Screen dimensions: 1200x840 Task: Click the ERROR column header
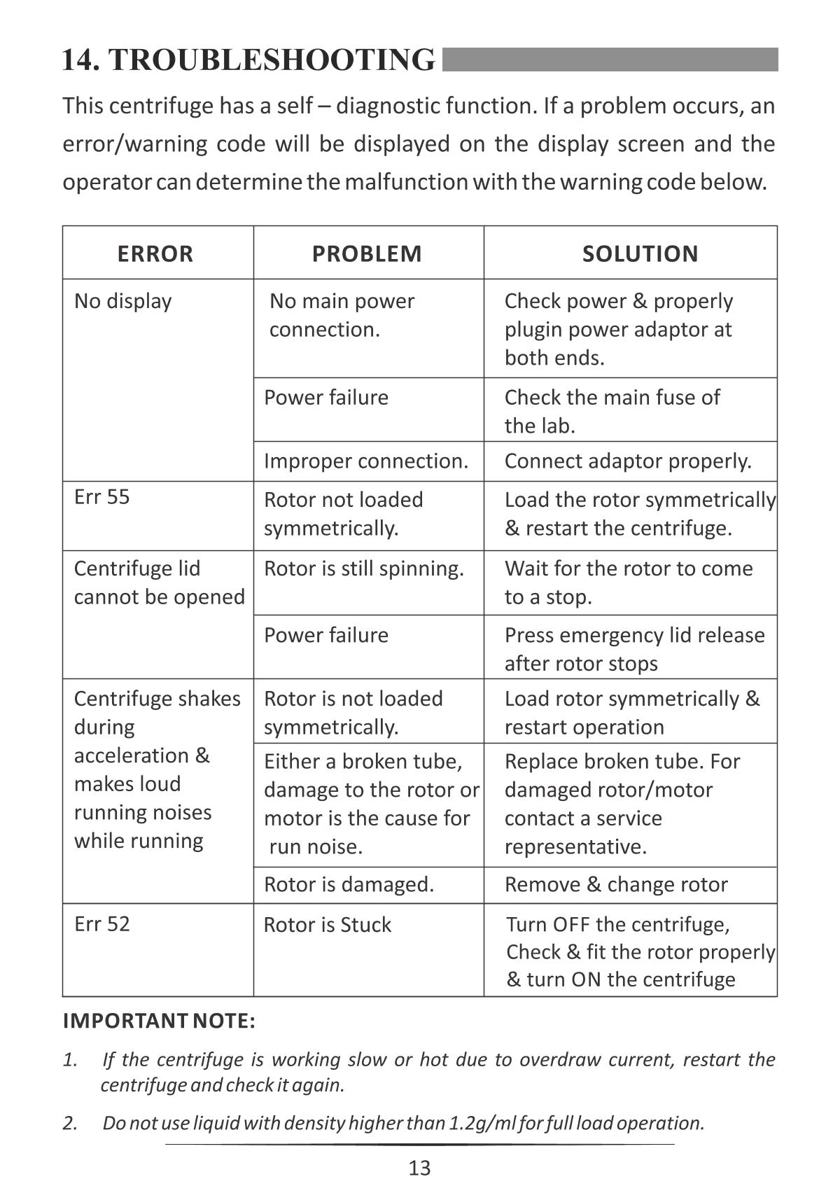(x=155, y=253)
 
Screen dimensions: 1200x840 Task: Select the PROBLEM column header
(x=367, y=253)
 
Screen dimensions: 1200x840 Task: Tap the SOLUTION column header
(x=640, y=253)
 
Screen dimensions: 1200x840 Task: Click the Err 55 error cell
(x=102, y=497)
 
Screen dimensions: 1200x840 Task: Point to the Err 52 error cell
(x=102, y=923)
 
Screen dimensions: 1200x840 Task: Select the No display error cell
(x=123, y=301)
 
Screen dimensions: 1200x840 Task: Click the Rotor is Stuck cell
(x=327, y=925)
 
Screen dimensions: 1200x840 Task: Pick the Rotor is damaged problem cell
(x=349, y=884)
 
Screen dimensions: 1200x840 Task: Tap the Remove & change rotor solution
(x=616, y=884)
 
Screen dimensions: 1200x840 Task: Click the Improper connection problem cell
(x=365, y=461)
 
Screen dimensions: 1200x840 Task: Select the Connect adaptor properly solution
(x=628, y=461)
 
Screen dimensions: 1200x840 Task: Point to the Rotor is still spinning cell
(x=363, y=568)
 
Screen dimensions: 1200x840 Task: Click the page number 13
(x=419, y=1168)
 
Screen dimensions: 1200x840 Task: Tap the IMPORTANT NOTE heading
(x=159, y=1021)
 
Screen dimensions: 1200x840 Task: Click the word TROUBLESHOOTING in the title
(x=272, y=60)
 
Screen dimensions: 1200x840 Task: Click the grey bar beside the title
(x=610, y=60)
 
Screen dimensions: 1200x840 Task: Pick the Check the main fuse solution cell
(x=612, y=411)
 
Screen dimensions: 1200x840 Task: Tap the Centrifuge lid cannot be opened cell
(x=159, y=582)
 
